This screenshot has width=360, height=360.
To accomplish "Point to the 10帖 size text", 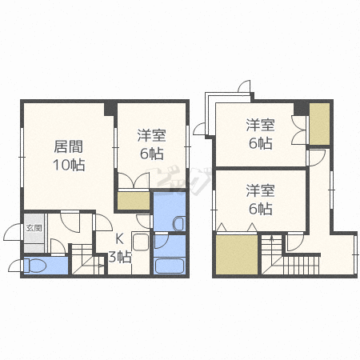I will pyautogui.click(x=69, y=165).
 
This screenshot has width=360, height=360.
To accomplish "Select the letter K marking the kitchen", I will pyautogui.click(x=119, y=238).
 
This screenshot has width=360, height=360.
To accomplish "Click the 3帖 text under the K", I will pyautogui.click(x=119, y=256).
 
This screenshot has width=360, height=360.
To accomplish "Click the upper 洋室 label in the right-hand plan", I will pyautogui.click(x=260, y=126).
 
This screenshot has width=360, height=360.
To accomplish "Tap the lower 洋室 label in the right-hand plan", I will pyautogui.click(x=260, y=190).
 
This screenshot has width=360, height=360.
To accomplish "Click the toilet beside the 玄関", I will pyautogui.click(x=36, y=265).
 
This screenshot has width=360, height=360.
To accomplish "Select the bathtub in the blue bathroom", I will pyautogui.click(x=169, y=265).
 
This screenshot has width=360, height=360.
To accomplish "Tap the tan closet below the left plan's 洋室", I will pyautogui.click(x=132, y=200).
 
